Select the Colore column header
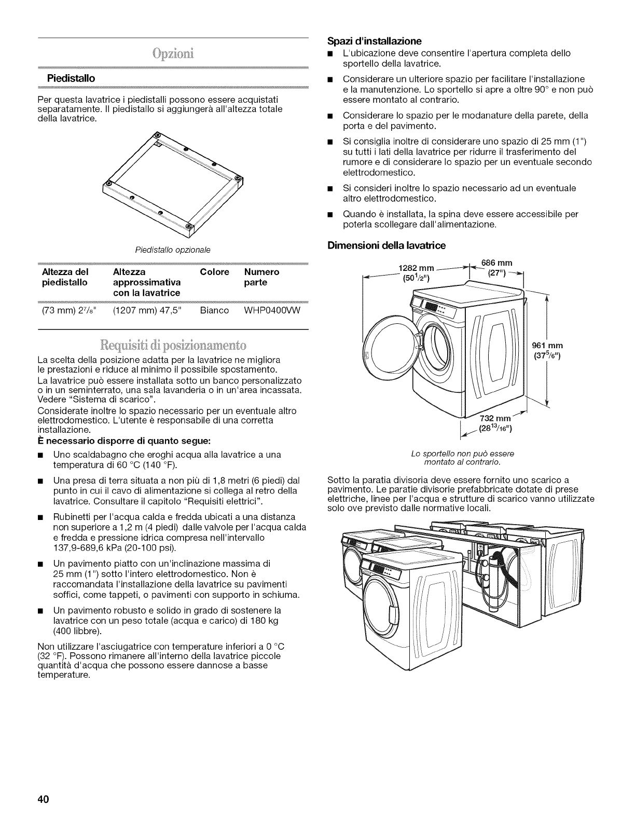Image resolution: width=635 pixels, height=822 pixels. (x=214, y=272)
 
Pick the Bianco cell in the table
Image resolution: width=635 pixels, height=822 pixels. (x=214, y=310)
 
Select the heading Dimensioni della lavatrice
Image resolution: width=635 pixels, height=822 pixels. (x=386, y=245)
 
